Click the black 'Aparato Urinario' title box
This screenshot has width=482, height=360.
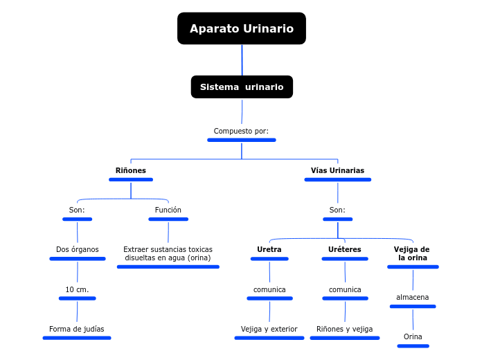click(x=241, y=28)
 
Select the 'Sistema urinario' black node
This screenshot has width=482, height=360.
click(x=242, y=87)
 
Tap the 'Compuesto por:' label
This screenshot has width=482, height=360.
click(x=241, y=131)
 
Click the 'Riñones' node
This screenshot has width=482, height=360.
click(x=130, y=170)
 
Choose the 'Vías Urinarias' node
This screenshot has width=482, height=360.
click(x=337, y=170)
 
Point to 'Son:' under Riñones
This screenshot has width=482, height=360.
click(x=77, y=210)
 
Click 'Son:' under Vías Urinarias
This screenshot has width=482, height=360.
click(x=337, y=210)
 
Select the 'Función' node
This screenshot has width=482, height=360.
click(x=168, y=210)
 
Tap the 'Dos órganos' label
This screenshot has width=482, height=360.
click(x=78, y=249)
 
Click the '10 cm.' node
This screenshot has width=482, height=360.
click(x=77, y=289)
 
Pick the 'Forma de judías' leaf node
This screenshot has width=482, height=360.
click(x=77, y=329)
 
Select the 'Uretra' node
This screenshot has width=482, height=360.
click(x=269, y=249)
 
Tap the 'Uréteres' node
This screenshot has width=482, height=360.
click(x=345, y=249)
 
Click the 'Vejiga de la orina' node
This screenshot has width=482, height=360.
click(x=412, y=253)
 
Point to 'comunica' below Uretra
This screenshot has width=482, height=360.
click(x=269, y=289)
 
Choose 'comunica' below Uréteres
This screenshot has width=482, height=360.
click(x=345, y=289)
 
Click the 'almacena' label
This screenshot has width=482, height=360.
click(x=413, y=298)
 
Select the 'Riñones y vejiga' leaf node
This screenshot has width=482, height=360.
click(x=345, y=329)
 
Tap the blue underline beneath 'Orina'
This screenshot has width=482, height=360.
click(x=413, y=345)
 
